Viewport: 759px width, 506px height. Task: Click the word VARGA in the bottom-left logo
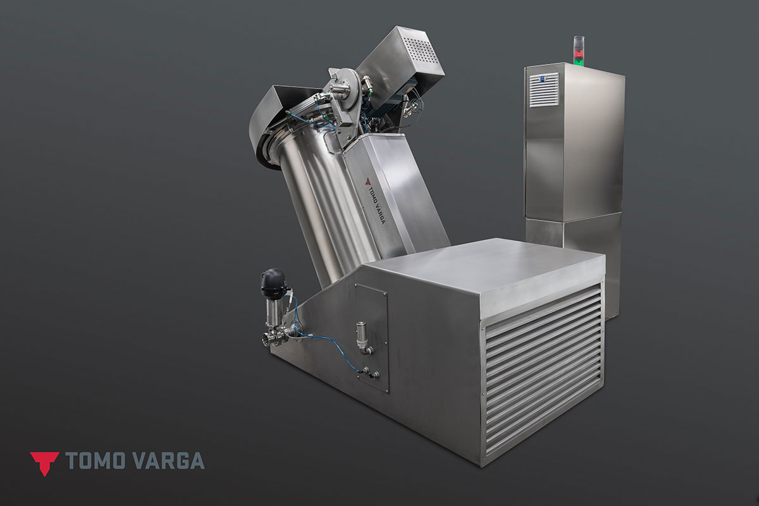tap(169, 461)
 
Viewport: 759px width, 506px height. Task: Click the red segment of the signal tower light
tap(578, 53)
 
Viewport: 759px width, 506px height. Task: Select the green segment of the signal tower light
tap(578, 60)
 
